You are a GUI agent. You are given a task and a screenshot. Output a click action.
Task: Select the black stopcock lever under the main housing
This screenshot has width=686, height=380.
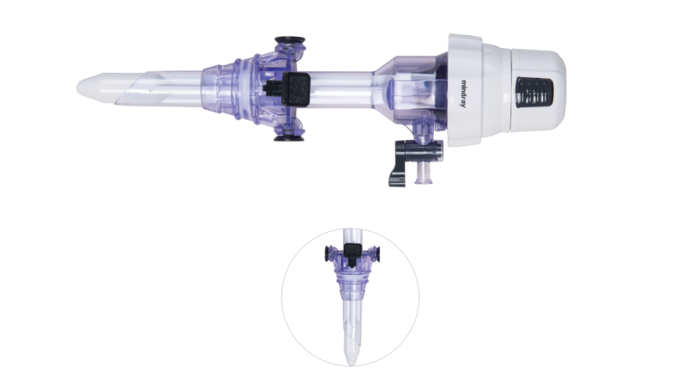(x=399, y=163)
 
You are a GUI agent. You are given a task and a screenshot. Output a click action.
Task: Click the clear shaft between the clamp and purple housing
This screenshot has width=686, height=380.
(x=339, y=87)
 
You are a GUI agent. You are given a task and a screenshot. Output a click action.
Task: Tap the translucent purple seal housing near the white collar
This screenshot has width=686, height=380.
(x=411, y=89)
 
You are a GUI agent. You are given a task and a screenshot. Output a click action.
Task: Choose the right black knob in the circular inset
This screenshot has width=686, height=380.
(x=374, y=253)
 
